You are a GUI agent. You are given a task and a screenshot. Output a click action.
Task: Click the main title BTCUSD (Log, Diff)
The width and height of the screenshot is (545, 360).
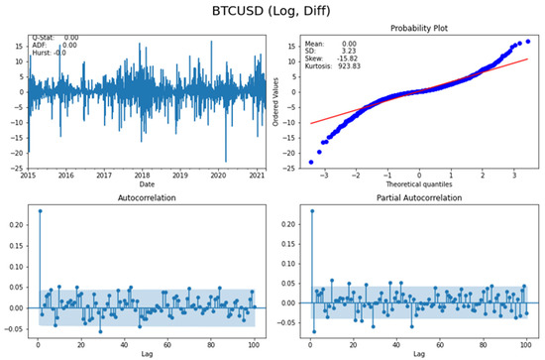(272, 12)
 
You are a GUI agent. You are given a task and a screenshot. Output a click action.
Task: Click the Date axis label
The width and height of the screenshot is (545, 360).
(147, 183)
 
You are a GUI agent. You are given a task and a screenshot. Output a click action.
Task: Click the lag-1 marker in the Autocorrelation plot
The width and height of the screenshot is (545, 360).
(40, 210)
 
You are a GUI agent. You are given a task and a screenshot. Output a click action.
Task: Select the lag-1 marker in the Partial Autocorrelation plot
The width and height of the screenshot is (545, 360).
(311, 210)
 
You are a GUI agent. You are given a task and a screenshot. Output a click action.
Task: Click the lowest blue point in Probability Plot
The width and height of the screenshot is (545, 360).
(311, 162)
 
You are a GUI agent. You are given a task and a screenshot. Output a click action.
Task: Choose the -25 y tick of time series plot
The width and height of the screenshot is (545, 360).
(18, 168)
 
